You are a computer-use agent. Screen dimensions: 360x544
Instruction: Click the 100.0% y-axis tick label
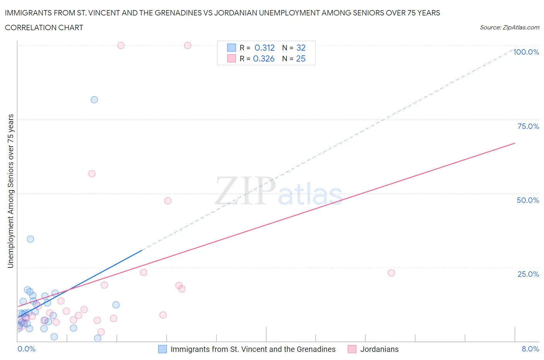pyautogui.click(x=526, y=52)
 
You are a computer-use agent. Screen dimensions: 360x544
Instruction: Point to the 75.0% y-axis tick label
pyautogui.click(x=528, y=126)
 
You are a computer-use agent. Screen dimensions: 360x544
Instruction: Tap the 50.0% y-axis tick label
pyautogui.click(x=528, y=200)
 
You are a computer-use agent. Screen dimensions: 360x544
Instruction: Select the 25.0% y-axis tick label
pyautogui.click(x=528, y=274)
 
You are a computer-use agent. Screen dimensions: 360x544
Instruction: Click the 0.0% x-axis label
pyautogui.click(x=26, y=349)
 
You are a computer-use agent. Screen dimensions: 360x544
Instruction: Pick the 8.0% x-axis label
pyautogui.click(x=530, y=349)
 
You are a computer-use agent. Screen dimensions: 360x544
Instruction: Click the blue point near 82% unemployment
pyautogui.click(x=94, y=99)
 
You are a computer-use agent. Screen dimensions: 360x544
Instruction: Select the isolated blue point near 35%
pyautogui.click(x=31, y=239)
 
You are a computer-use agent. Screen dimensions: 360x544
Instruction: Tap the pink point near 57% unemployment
pyautogui.click(x=92, y=174)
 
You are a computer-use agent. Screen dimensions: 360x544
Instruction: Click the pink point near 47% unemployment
pyautogui.click(x=168, y=201)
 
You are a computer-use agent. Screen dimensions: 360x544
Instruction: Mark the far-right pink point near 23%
pyautogui.click(x=391, y=273)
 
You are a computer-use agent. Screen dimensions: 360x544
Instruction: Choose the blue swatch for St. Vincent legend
pyautogui.click(x=163, y=349)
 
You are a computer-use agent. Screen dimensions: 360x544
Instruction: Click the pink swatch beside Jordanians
pyautogui.click(x=352, y=349)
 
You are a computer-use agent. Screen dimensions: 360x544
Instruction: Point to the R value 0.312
pyautogui.click(x=264, y=48)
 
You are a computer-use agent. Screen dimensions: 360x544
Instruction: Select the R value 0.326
pyautogui.click(x=263, y=58)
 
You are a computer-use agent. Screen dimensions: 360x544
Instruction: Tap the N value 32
pyautogui.click(x=301, y=48)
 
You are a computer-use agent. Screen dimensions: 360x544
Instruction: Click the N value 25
pyautogui.click(x=301, y=58)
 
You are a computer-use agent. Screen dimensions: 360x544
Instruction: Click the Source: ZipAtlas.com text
pyautogui.click(x=509, y=27)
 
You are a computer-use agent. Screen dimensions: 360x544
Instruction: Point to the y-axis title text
pyautogui.click(x=11, y=191)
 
